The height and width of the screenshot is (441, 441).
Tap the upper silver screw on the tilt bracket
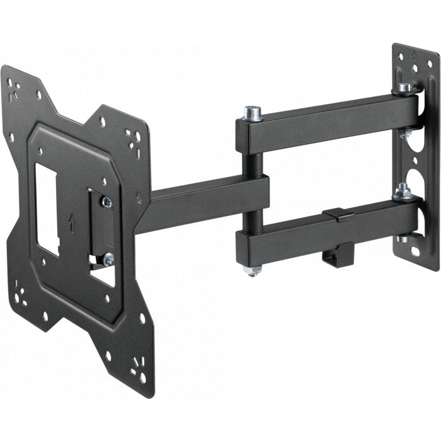point(106,202)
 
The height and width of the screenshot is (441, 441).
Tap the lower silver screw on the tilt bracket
point(108,257)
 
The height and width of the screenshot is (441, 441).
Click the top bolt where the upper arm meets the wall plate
point(404,88)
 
